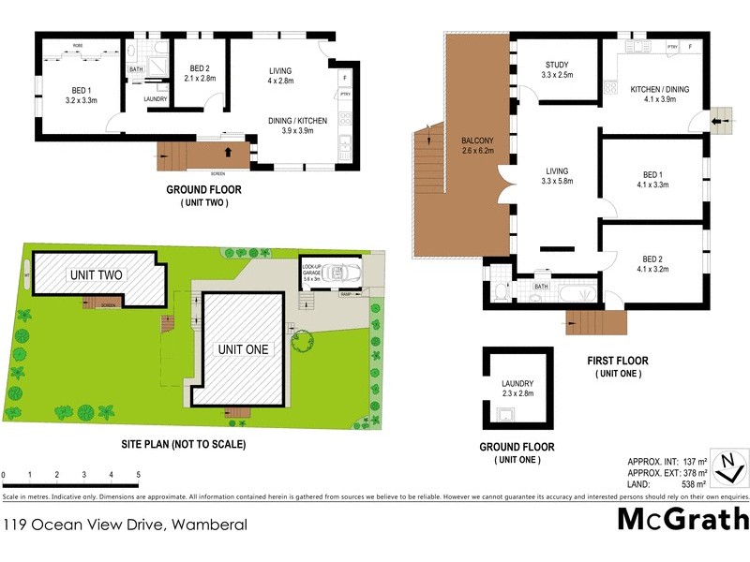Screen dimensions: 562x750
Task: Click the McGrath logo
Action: tap(682, 518)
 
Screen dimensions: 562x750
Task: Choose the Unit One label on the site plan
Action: tap(243, 349)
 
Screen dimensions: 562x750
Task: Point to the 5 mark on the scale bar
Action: tap(139, 475)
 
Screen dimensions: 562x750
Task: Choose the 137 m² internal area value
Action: tap(693, 463)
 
